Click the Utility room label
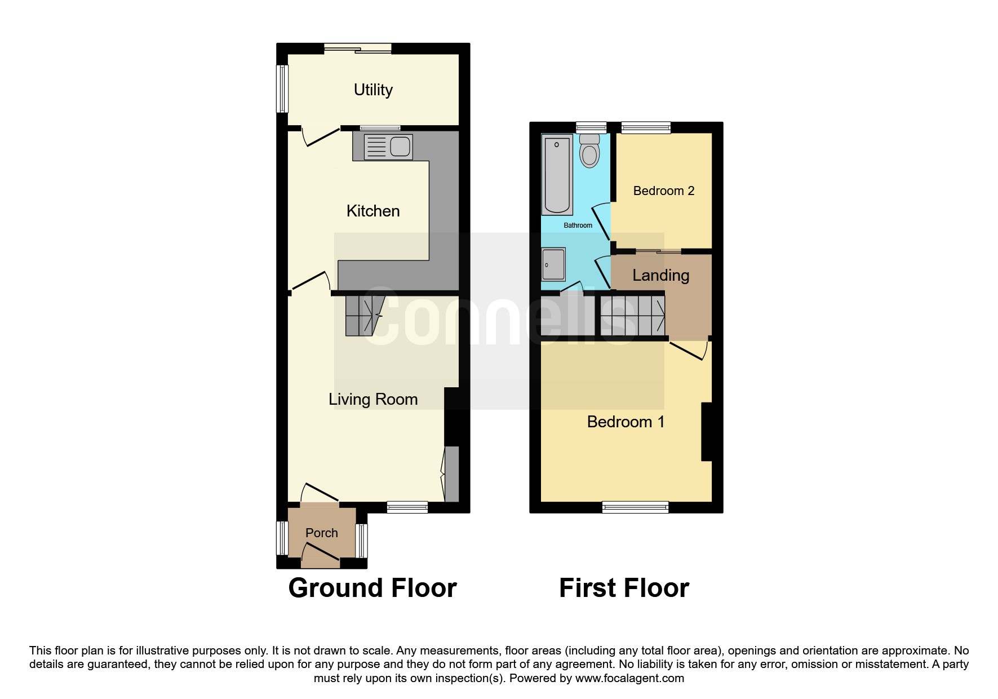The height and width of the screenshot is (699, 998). pos(373,90)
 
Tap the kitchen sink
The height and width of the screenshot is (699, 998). pos(388,147)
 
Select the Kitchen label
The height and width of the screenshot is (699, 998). pos(373,211)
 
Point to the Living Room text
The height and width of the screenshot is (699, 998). pos(373,400)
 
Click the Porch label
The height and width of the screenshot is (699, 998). pos(322,533)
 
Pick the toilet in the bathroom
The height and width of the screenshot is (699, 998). pos(589,151)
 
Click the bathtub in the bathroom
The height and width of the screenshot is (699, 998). pos(557,174)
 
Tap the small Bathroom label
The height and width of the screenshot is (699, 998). pos(578,225)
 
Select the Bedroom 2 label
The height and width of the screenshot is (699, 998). pos(664,191)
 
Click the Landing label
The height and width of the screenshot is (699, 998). pos(661,276)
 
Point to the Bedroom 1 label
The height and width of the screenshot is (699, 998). pos(626,422)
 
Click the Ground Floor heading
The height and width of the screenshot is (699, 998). pos(372,588)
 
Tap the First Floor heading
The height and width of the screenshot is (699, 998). pos(624,588)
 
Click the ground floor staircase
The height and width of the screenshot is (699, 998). pos(364,316)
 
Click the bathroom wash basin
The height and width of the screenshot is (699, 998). pos(553,264)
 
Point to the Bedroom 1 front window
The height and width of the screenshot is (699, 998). pos(635,507)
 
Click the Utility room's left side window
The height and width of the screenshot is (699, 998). pos(282,89)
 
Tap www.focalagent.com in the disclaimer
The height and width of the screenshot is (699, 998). pos(629,678)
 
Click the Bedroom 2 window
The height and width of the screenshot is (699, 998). pos(646,127)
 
